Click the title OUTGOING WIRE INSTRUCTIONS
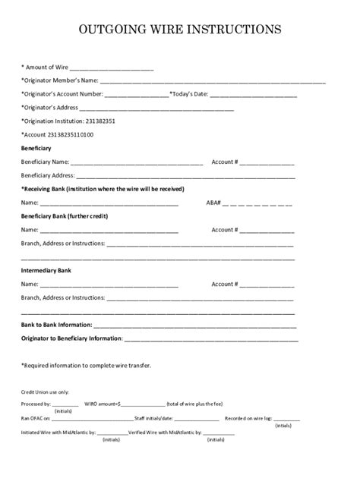pyautogui.click(x=180, y=30)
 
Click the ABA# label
pyautogui.click(x=213, y=203)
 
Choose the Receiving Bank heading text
pyautogui.click(x=103, y=189)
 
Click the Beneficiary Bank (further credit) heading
pyautogui.click(x=64, y=216)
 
